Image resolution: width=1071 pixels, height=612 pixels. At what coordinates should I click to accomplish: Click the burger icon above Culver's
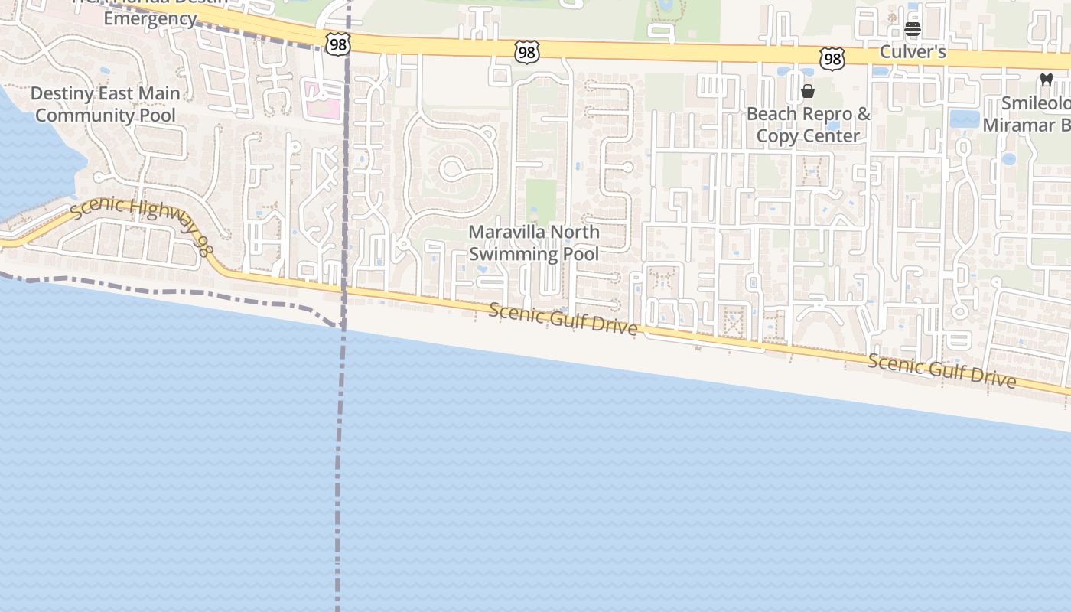click(x=912, y=30)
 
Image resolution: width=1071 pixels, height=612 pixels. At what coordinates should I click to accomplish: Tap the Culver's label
click(x=913, y=52)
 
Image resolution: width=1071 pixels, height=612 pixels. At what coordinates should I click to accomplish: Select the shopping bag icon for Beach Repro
click(x=807, y=92)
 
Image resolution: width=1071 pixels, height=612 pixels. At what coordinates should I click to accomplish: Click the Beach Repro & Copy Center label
click(x=808, y=125)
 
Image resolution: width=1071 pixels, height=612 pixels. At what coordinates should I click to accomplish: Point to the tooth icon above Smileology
click(x=1046, y=80)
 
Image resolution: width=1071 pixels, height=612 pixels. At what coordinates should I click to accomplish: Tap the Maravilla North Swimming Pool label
click(x=534, y=243)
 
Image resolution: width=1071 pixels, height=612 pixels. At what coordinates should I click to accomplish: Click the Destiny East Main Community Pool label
click(x=106, y=104)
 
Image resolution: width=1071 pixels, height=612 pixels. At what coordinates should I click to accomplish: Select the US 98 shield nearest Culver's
click(x=832, y=58)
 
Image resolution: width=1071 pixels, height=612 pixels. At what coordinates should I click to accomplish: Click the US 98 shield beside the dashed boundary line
click(x=337, y=45)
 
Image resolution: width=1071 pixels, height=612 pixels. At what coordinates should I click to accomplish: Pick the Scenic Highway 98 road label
click(x=139, y=226)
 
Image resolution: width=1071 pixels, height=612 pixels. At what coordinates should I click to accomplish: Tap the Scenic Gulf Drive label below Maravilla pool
click(x=563, y=318)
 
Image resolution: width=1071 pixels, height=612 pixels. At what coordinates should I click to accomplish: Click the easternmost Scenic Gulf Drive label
click(x=942, y=371)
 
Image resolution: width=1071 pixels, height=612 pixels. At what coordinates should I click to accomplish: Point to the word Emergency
click(x=150, y=19)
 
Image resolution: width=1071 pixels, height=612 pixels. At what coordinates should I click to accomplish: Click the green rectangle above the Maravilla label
click(x=541, y=200)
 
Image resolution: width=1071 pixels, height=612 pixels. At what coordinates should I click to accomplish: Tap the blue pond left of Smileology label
click(x=964, y=119)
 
